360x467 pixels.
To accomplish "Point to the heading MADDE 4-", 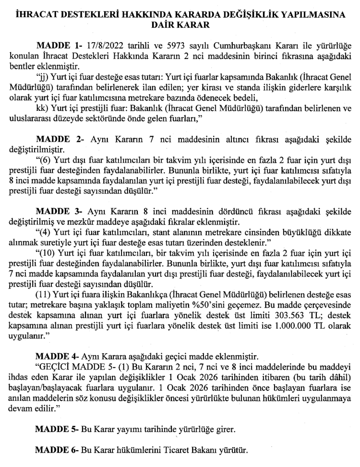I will pyautogui.click(x=57, y=357).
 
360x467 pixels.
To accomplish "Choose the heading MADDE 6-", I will pyautogui.click(x=57, y=451).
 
